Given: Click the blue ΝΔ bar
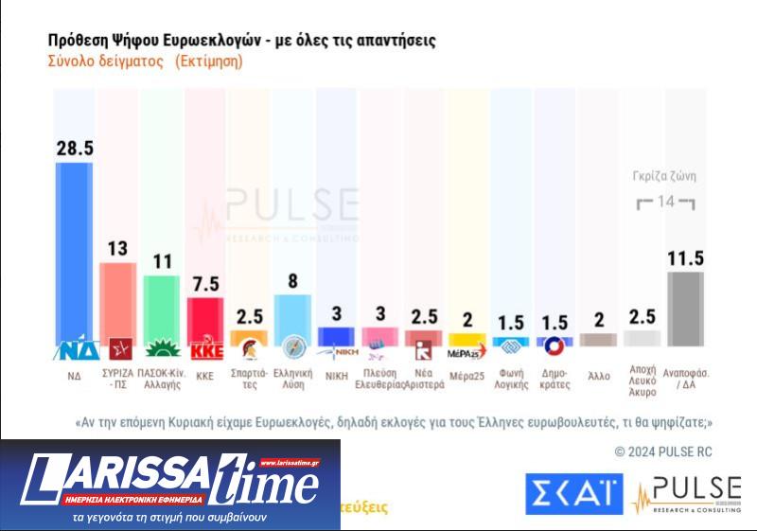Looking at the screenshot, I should tap(76, 251).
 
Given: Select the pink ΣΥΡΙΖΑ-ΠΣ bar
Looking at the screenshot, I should tap(118, 298).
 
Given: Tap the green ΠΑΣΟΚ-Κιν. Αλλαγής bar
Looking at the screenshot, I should tap(162, 305).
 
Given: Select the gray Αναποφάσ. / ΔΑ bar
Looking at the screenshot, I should tap(686, 308).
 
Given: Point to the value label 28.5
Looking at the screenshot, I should tap(76, 149).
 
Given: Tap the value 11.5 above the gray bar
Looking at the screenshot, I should tap(686, 258).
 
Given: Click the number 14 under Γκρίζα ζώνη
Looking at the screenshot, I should tap(666, 202).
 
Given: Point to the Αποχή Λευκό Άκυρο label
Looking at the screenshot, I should tap(643, 381).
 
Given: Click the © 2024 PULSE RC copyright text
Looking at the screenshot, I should tap(663, 451).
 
